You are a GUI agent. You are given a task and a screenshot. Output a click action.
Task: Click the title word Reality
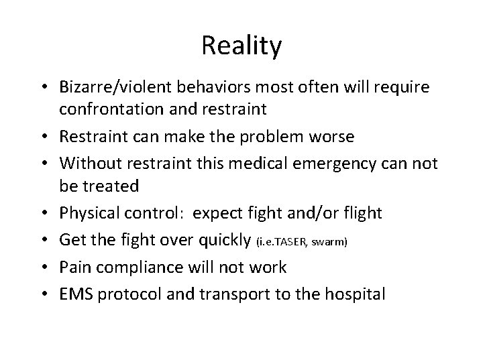(x=241, y=46)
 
